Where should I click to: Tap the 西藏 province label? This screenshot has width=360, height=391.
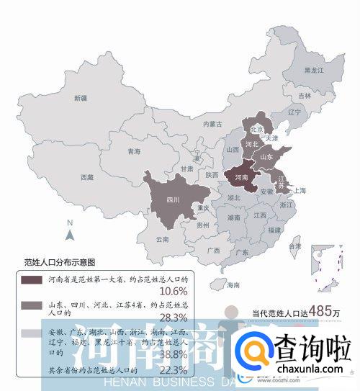click(x=87, y=176)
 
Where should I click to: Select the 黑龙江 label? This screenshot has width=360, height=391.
click(x=314, y=71)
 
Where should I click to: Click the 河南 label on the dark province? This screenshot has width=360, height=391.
click(x=242, y=176)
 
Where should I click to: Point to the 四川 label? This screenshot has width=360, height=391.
click(x=173, y=199)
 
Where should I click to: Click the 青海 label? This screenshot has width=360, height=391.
click(x=134, y=152)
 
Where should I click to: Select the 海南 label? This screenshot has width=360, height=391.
click(x=233, y=285)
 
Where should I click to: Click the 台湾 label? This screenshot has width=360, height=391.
click(x=294, y=247)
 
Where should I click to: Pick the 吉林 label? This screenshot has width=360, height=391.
click(x=305, y=96)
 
